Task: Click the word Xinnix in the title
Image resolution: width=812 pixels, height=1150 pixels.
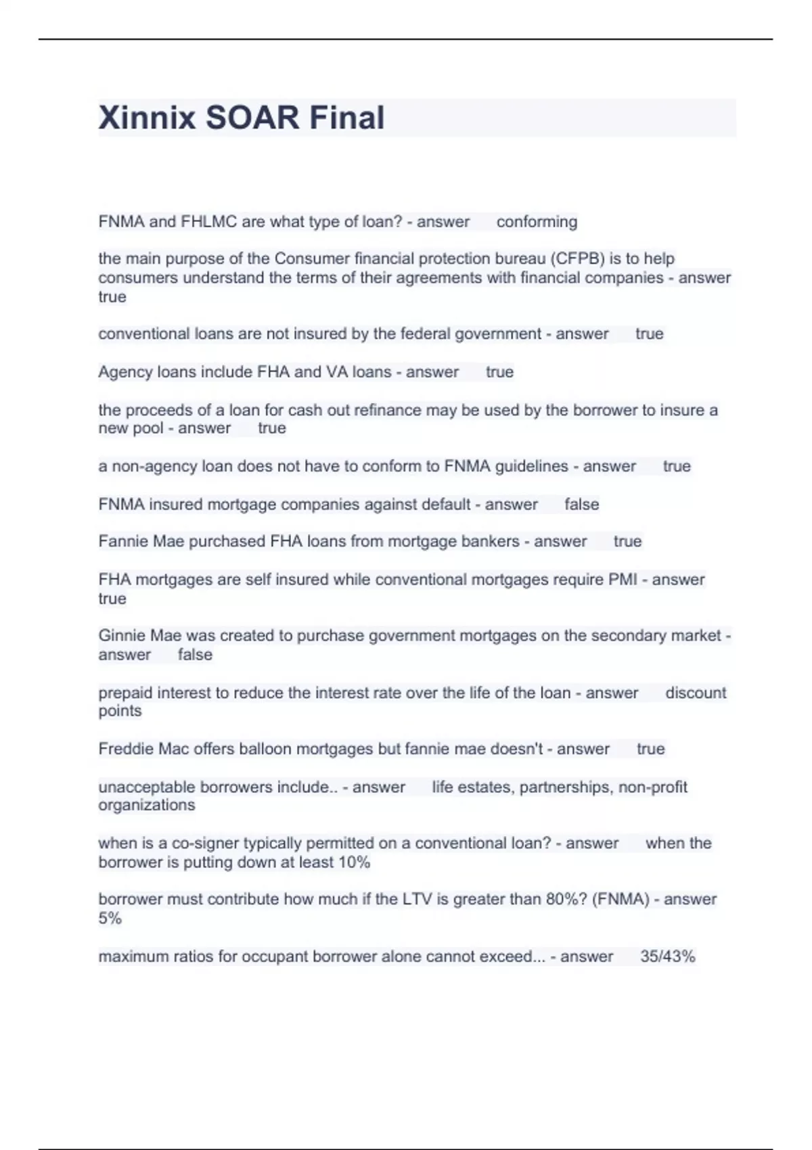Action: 148,118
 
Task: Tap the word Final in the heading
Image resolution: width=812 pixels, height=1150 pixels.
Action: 346,118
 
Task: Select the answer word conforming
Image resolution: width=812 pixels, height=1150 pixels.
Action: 537,222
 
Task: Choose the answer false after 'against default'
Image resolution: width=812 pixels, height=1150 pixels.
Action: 581,505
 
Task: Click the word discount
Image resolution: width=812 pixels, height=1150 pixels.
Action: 695,693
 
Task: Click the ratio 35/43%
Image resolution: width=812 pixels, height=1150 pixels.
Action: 667,957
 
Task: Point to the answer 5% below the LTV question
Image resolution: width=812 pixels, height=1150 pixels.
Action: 110,919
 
